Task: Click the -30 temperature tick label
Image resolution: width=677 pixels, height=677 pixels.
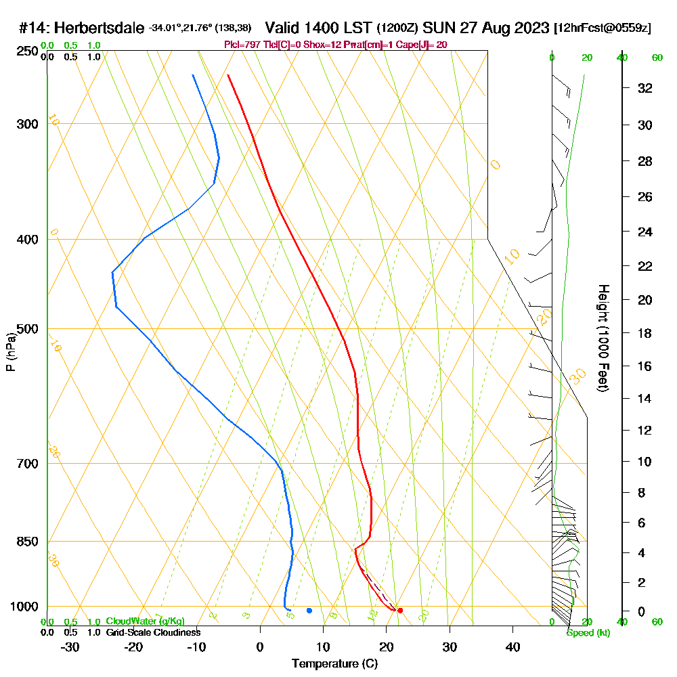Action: click(70, 647)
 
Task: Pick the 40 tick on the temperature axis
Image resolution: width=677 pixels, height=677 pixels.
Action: click(513, 647)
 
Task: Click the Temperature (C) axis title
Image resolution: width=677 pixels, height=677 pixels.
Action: click(334, 664)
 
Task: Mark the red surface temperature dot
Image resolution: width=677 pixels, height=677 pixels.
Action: click(400, 611)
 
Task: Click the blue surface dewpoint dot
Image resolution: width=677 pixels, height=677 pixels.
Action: click(309, 611)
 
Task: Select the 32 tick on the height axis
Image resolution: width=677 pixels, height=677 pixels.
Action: click(645, 88)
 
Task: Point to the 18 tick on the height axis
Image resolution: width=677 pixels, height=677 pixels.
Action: click(645, 333)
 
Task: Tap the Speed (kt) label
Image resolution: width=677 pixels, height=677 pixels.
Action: click(588, 633)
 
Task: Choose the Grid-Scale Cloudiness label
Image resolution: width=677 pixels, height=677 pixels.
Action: click(152, 632)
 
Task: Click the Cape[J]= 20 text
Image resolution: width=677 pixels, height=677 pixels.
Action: click(422, 45)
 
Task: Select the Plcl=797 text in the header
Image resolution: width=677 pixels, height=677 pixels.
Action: click(242, 45)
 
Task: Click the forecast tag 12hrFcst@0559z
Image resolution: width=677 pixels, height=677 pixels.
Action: click(603, 28)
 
